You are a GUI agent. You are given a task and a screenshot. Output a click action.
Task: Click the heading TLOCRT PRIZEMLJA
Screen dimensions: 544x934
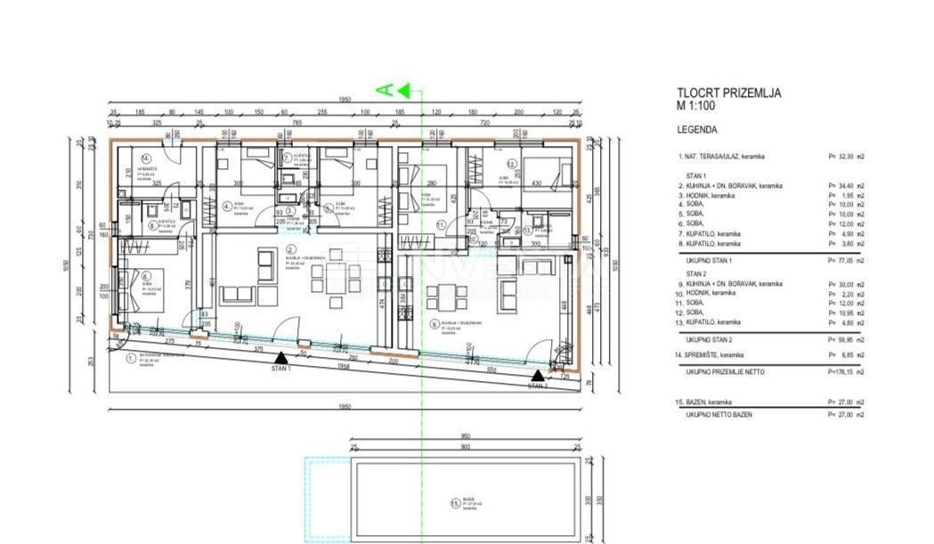pos(728,93)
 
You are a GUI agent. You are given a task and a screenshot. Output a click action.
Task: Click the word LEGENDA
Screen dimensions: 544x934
pos(698,128)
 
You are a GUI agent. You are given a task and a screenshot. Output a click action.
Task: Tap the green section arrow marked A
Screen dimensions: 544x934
pos(400,89)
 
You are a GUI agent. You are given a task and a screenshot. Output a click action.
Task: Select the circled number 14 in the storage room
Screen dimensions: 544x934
pos(145,159)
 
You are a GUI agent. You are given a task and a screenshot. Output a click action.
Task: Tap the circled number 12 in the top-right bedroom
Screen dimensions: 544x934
pos(512,165)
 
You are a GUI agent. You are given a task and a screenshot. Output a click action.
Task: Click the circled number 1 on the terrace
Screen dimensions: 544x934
pos(131,359)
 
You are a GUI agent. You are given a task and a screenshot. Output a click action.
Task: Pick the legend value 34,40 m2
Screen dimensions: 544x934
pos(845,185)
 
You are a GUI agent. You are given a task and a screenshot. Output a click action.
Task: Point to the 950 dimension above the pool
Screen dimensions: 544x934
pos(464,436)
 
